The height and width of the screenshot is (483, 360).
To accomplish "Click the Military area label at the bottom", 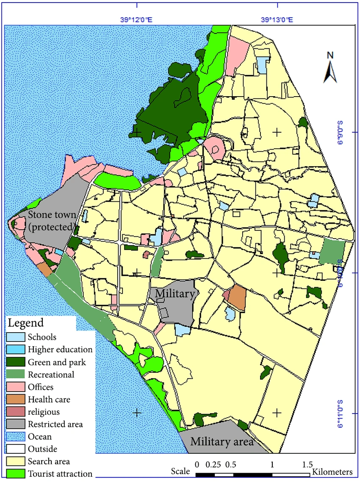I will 222,441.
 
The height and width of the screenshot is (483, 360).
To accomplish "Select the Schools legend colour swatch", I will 15,337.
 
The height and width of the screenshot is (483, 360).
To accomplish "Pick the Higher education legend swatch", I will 15,350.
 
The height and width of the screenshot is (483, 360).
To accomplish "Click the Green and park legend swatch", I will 15,362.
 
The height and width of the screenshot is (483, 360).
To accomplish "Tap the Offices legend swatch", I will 15,387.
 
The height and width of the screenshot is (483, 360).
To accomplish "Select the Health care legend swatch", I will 15,399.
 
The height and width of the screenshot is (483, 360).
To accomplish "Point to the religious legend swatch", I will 15,411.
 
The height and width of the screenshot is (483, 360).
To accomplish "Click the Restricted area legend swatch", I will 15,424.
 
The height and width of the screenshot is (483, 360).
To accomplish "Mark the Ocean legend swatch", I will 15,436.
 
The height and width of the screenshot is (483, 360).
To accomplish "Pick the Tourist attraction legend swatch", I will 15,473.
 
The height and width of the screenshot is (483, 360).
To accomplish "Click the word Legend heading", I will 25,323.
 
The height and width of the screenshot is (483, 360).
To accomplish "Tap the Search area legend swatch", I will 15,461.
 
